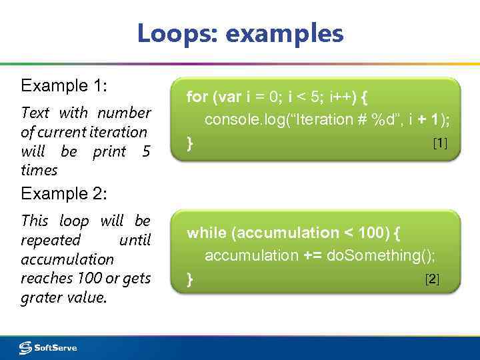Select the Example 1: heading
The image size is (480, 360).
[x=65, y=85]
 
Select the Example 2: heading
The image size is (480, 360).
[x=65, y=194]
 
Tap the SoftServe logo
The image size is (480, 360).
[x=48, y=347]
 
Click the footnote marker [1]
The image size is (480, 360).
[x=440, y=143]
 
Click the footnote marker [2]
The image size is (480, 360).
[x=432, y=279]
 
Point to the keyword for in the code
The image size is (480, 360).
[x=197, y=97]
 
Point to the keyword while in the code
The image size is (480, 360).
[x=207, y=233]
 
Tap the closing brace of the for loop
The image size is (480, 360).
[x=190, y=143]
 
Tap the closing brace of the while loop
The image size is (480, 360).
[x=190, y=279]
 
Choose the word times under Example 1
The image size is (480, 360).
[x=39, y=170]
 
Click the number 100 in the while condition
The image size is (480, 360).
[x=371, y=233]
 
